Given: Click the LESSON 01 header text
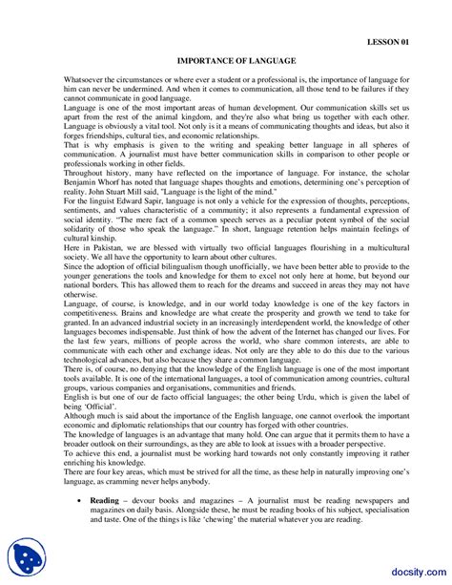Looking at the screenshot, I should (x=393, y=43).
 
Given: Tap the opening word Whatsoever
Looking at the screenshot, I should (x=83, y=78).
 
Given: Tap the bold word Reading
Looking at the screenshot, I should (x=104, y=526).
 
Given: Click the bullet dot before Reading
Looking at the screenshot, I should (x=78, y=527).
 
